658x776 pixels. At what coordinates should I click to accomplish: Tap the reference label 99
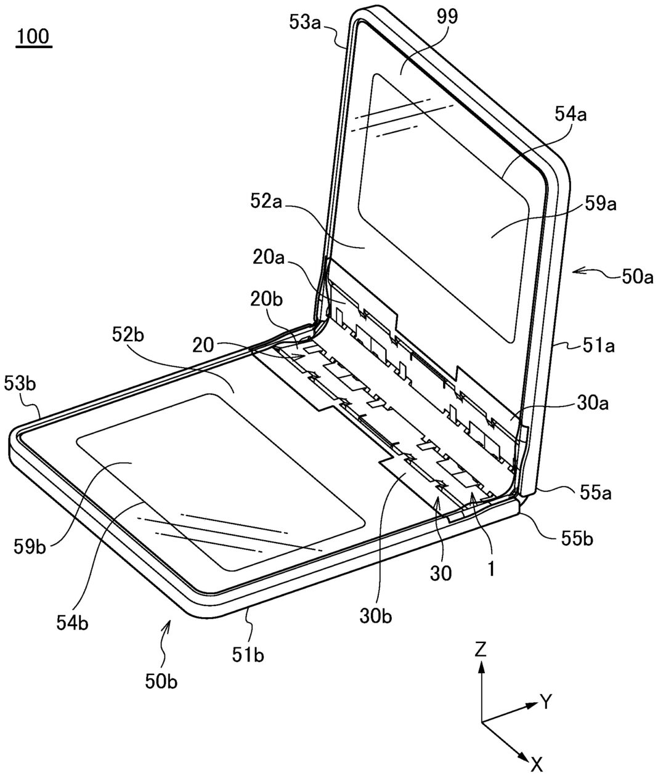[445, 17]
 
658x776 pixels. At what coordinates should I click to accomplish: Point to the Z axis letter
[481, 649]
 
